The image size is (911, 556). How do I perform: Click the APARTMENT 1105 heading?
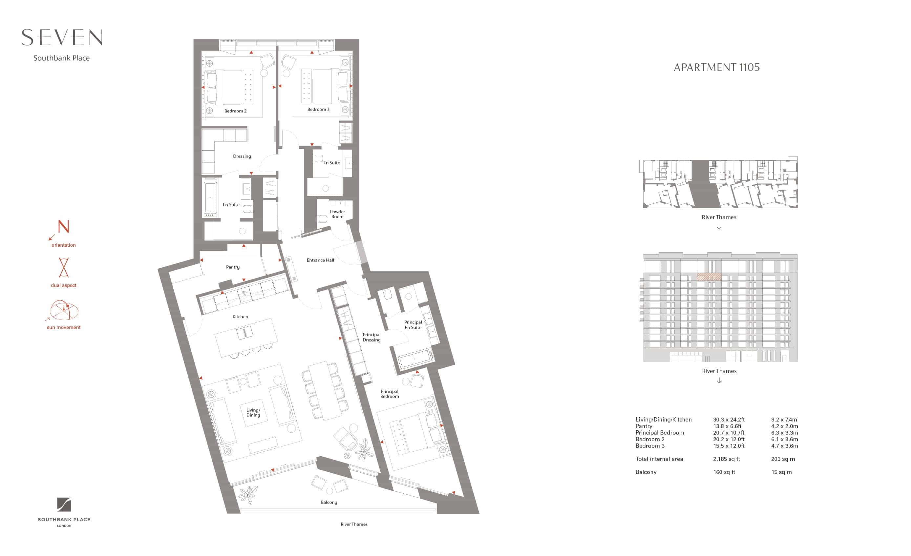(716, 67)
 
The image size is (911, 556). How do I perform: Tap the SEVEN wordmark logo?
(62, 37)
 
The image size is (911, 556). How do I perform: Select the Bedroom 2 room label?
(235, 111)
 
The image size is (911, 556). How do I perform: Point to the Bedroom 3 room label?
(318, 110)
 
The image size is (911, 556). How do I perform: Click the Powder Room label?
(337, 214)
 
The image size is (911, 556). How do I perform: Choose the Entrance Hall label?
(320, 260)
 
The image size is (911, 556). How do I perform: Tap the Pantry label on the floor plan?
(233, 267)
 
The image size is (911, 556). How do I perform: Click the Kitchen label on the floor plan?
(240, 317)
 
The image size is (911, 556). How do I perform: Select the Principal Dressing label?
(371, 337)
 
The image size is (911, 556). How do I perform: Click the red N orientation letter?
(64, 226)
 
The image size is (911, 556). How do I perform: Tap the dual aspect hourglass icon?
(64, 267)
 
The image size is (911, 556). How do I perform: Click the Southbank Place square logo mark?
(64, 505)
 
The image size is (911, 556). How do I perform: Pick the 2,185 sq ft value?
(726, 459)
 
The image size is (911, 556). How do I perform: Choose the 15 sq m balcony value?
(781, 472)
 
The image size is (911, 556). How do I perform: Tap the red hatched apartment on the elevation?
(709, 277)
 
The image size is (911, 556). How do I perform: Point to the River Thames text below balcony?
(354, 524)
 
